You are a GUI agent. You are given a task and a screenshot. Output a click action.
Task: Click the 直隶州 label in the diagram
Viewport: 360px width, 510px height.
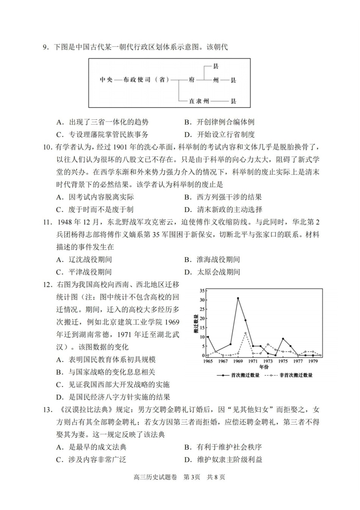click(x=199, y=101)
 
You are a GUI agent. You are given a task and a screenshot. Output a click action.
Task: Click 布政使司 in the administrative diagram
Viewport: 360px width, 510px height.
click(x=137, y=80)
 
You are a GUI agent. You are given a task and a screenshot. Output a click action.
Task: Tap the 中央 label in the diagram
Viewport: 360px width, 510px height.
click(x=106, y=80)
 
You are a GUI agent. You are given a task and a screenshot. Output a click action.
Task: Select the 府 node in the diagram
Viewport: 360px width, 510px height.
click(x=192, y=80)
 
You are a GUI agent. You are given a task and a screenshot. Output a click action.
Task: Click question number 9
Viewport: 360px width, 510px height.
click(x=46, y=47)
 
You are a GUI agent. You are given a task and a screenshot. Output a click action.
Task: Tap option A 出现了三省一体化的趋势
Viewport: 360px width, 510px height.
click(x=102, y=122)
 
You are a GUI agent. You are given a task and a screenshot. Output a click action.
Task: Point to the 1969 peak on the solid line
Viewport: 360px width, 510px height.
click(x=238, y=298)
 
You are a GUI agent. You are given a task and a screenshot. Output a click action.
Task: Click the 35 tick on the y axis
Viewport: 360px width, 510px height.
click(x=202, y=291)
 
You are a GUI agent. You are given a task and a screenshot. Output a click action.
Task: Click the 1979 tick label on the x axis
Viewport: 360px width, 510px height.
click(x=313, y=361)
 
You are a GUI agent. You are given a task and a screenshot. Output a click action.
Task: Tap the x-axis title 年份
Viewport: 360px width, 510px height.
click(x=264, y=367)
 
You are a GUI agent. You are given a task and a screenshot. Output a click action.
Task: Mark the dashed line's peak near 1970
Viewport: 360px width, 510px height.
click(x=246, y=333)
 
